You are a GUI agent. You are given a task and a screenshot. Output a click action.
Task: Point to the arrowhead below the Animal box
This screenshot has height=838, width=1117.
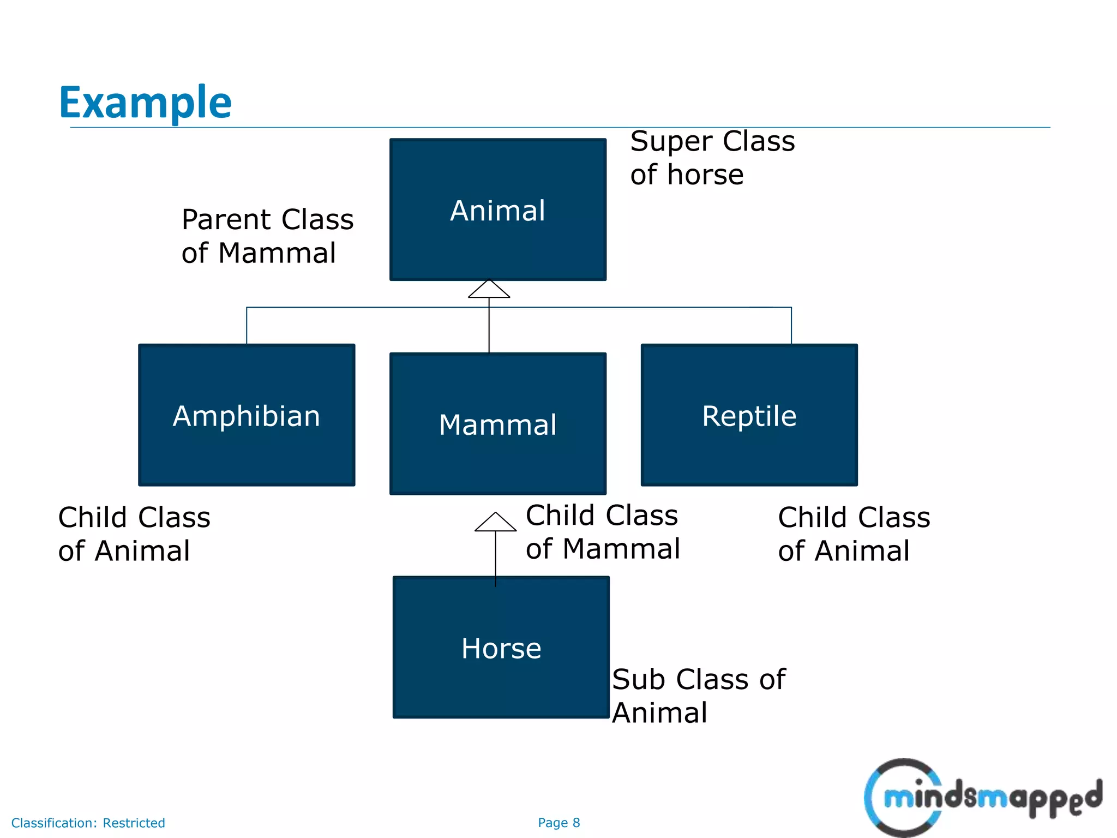(489, 290)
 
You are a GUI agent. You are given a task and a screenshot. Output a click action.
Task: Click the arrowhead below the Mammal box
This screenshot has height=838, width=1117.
(495, 523)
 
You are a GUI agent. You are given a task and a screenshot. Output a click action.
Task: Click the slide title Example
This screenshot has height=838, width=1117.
(145, 103)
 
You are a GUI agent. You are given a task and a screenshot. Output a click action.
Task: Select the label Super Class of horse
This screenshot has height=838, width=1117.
(712, 158)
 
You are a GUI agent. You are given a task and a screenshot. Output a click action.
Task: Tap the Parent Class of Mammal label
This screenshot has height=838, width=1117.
(267, 236)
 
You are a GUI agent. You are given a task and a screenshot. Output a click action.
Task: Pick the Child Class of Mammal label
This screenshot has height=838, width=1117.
(602, 531)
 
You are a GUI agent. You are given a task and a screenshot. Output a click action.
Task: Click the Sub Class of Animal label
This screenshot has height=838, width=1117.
(698, 696)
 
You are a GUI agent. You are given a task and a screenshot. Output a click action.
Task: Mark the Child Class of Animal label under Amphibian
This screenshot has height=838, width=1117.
(134, 534)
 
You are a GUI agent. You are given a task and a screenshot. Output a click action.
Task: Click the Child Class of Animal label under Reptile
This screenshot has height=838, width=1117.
(854, 534)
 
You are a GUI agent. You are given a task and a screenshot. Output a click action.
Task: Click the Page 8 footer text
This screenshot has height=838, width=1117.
(558, 823)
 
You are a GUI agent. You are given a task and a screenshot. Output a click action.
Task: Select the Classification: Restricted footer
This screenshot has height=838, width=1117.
(88, 823)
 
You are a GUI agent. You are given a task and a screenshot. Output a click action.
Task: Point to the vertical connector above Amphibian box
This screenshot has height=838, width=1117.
(247, 326)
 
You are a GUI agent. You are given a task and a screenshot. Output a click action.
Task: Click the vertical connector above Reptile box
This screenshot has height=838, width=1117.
(791, 326)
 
